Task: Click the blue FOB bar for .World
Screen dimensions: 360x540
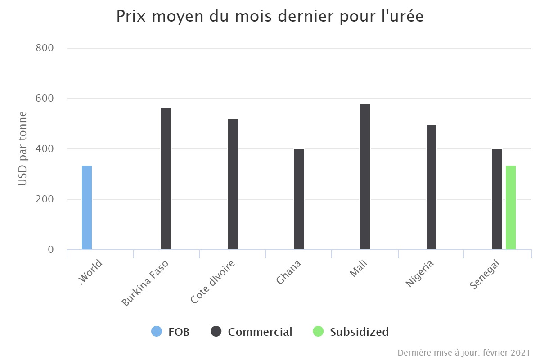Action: pyautogui.click(x=87, y=207)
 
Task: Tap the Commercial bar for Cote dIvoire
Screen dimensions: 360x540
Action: pyautogui.click(x=233, y=184)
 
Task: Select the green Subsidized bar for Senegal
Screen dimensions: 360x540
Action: pyautogui.click(x=511, y=207)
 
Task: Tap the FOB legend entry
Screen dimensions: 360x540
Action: pyautogui.click(x=171, y=332)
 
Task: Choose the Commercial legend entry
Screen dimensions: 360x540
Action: pyautogui.click(x=252, y=332)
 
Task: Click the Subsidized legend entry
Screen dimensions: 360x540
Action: pyautogui.click(x=351, y=332)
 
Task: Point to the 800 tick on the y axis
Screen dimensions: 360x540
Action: pyautogui.click(x=45, y=48)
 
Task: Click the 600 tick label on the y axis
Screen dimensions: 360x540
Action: pyautogui.click(x=45, y=98)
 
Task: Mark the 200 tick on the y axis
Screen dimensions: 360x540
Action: pyautogui.click(x=45, y=199)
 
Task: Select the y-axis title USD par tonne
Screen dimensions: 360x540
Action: pyautogui.click(x=22, y=148)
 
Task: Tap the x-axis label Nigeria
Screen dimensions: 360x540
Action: pyautogui.click(x=420, y=274)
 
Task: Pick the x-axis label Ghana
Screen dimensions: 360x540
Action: pyautogui.click(x=288, y=272)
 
